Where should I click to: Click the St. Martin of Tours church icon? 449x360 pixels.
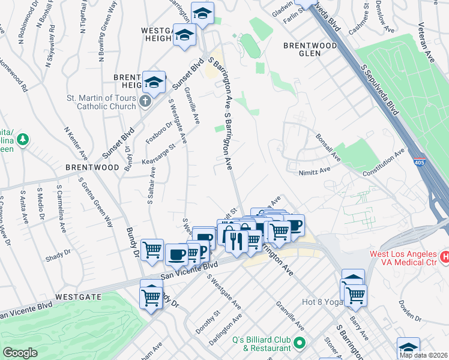coord(145,101)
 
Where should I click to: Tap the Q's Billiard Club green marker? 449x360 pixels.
coord(300,344)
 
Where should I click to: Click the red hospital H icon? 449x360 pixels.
coord(445,257)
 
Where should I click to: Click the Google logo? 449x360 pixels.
coord(20,353)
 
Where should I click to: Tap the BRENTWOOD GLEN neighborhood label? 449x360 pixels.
coord(310,50)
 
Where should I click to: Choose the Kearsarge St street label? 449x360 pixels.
coord(158,154)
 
